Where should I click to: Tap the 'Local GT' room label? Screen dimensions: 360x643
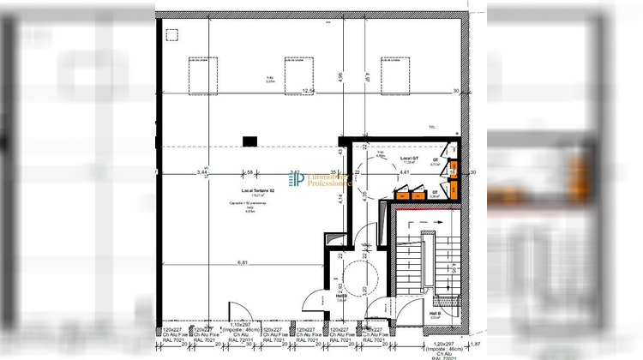pos(409,159)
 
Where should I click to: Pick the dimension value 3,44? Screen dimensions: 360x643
pos(202,173)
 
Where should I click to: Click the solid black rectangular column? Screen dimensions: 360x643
pos(250,141)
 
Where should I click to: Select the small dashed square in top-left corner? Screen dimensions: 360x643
pos(171,35)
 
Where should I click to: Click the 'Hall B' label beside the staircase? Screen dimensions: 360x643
pos(434,314)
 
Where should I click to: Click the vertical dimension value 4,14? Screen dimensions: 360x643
pos(340,198)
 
